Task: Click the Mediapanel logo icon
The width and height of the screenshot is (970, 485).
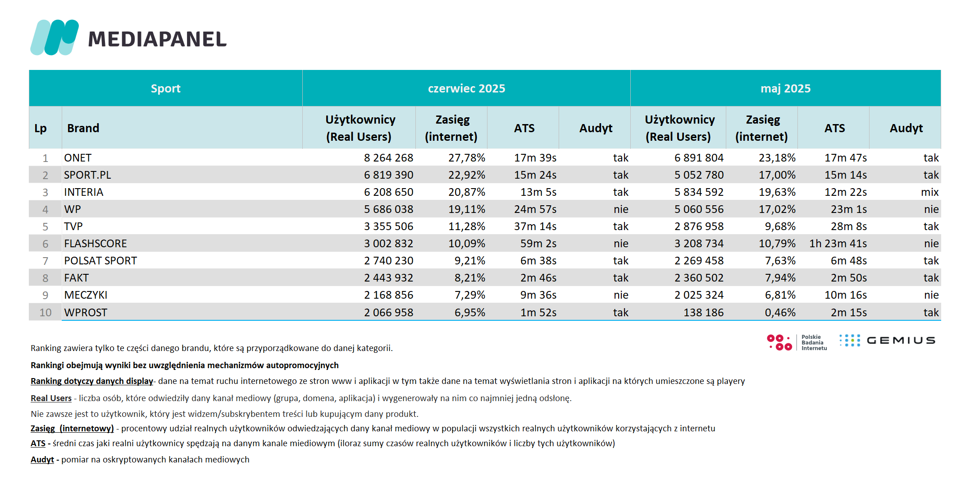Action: [x=55, y=37]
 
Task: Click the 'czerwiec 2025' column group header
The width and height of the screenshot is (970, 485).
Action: [x=466, y=88]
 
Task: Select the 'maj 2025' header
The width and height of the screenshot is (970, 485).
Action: [x=785, y=88]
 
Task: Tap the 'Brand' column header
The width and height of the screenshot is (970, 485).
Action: [x=83, y=128]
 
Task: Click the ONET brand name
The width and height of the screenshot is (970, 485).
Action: [x=77, y=158]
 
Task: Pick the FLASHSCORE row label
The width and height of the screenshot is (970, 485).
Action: [x=96, y=244]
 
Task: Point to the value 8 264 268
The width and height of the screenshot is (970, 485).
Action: [x=388, y=158]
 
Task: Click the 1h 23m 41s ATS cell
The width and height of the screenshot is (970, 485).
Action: [x=838, y=244]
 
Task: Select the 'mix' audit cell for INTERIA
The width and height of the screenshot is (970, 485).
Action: [x=930, y=192]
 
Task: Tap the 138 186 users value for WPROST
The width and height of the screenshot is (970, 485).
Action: [x=703, y=312]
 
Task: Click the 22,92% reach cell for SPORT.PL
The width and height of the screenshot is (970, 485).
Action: [x=467, y=175]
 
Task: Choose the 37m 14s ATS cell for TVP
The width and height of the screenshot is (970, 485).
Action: [x=535, y=226]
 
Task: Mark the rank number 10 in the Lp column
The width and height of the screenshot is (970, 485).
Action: [x=46, y=312]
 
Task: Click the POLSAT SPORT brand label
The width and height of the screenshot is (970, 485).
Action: [x=100, y=261]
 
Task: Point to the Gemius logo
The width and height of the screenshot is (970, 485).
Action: [x=887, y=340]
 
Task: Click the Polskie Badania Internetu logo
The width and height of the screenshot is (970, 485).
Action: [x=797, y=342]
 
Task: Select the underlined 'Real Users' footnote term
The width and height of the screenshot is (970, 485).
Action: [x=51, y=398]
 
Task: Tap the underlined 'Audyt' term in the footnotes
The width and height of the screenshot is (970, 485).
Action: [x=42, y=459]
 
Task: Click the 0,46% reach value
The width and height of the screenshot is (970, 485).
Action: [x=780, y=312]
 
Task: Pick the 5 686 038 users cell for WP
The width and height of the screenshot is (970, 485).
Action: [x=388, y=209]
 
